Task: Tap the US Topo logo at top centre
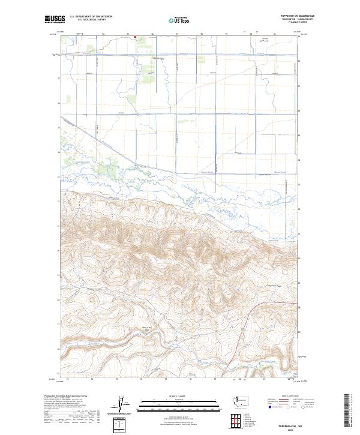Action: tap(180, 20)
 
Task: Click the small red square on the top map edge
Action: tap(136, 37)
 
